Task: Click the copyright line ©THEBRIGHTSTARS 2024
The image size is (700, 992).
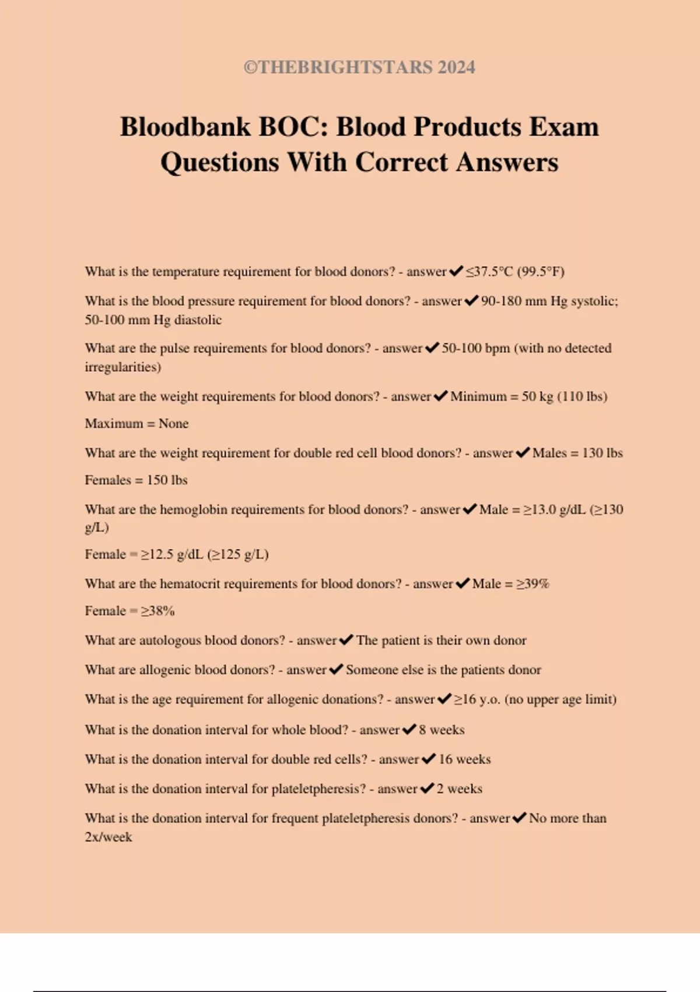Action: pyautogui.click(x=359, y=67)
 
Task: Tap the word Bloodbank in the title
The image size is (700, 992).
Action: pyautogui.click(x=185, y=127)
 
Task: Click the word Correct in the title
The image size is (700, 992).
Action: pyautogui.click(x=402, y=162)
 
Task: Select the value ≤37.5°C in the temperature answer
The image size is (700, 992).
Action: pyautogui.click(x=489, y=271)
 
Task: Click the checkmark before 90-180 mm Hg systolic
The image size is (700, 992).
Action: pyautogui.click(x=471, y=301)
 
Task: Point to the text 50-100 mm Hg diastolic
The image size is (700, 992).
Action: pyautogui.click(x=153, y=320)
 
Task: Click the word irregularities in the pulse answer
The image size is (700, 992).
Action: pyautogui.click(x=123, y=367)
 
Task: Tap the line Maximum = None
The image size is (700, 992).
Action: pyautogui.click(x=136, y=424)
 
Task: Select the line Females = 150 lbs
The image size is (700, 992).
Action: pyautogui.click(x=136, y=480)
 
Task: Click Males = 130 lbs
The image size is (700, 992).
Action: pyautogui.click(x=577, y=453)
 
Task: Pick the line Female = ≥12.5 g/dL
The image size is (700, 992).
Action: pyautogui.click(x=176, y=554)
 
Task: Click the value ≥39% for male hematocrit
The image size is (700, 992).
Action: pyautogui.click(x=533, y=584)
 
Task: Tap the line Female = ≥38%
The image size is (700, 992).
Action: pyautogui.click(x=129, y=611)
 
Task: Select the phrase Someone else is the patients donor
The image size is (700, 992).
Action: pyautogui.click(x=443, y=670)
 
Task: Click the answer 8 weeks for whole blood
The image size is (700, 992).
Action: pyautogui.click(x=442, y=730)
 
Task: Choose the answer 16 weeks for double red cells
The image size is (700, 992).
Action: pyautogui.click(x=464, y=759)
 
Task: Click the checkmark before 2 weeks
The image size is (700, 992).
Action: pyautogui.click(x=427, y=789)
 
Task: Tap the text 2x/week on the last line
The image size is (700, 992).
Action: pyautogui.click(x=108, y=837)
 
